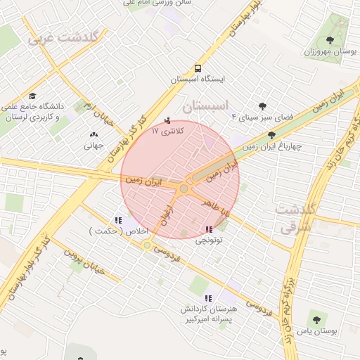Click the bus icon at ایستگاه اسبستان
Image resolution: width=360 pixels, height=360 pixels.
pyautogui.click(x=199, y=68)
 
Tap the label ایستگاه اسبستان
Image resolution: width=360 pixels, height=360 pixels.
pyautogui.click(x=199, y=79)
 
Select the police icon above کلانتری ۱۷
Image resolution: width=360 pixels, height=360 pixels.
pyautogui.click(x=167, y=120)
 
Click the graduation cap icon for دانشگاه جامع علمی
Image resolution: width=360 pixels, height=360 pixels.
pyautogui.click(x=32, y=96)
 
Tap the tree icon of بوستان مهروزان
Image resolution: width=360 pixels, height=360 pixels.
pyautogui.click(x=331, y=39)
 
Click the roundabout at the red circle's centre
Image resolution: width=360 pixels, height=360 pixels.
pyautogui.click(x=184, y=188)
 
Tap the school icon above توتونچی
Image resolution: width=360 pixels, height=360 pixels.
pyautogui.click(x=208, y=229)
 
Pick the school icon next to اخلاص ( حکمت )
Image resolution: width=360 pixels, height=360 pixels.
pyautogui.click(x=117, y=220)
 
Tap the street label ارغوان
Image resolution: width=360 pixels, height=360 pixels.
pyautogui.click(x=168, y=215)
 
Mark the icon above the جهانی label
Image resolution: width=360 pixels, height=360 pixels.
pyautogui.click(x=94, y=134)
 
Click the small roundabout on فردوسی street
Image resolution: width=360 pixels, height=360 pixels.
pyautogui.click(x=147, y=245)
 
